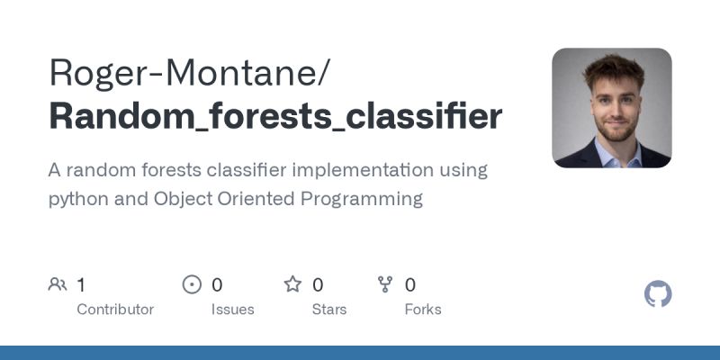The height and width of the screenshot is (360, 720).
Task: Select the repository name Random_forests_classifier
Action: point(275,117)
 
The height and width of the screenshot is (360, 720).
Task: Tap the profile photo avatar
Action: point(611,108)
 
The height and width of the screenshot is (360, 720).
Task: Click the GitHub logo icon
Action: point(659,294)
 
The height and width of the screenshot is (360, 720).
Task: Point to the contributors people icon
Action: point(58,285)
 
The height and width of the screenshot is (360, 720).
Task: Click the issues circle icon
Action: point(192,285)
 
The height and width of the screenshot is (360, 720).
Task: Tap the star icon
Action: point(292,285)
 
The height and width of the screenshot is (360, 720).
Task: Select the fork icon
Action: point(385,285)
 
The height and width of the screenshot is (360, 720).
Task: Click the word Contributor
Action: point(115,310)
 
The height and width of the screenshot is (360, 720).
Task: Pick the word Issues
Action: point(233,310)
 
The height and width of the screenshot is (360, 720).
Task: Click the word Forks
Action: point(423,310)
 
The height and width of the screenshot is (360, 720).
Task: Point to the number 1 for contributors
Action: point(81,285)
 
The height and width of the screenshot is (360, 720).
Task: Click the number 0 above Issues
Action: point(217,285)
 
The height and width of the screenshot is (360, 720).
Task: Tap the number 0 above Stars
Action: point(318,285)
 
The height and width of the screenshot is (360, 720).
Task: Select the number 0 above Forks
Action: point(410,285)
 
